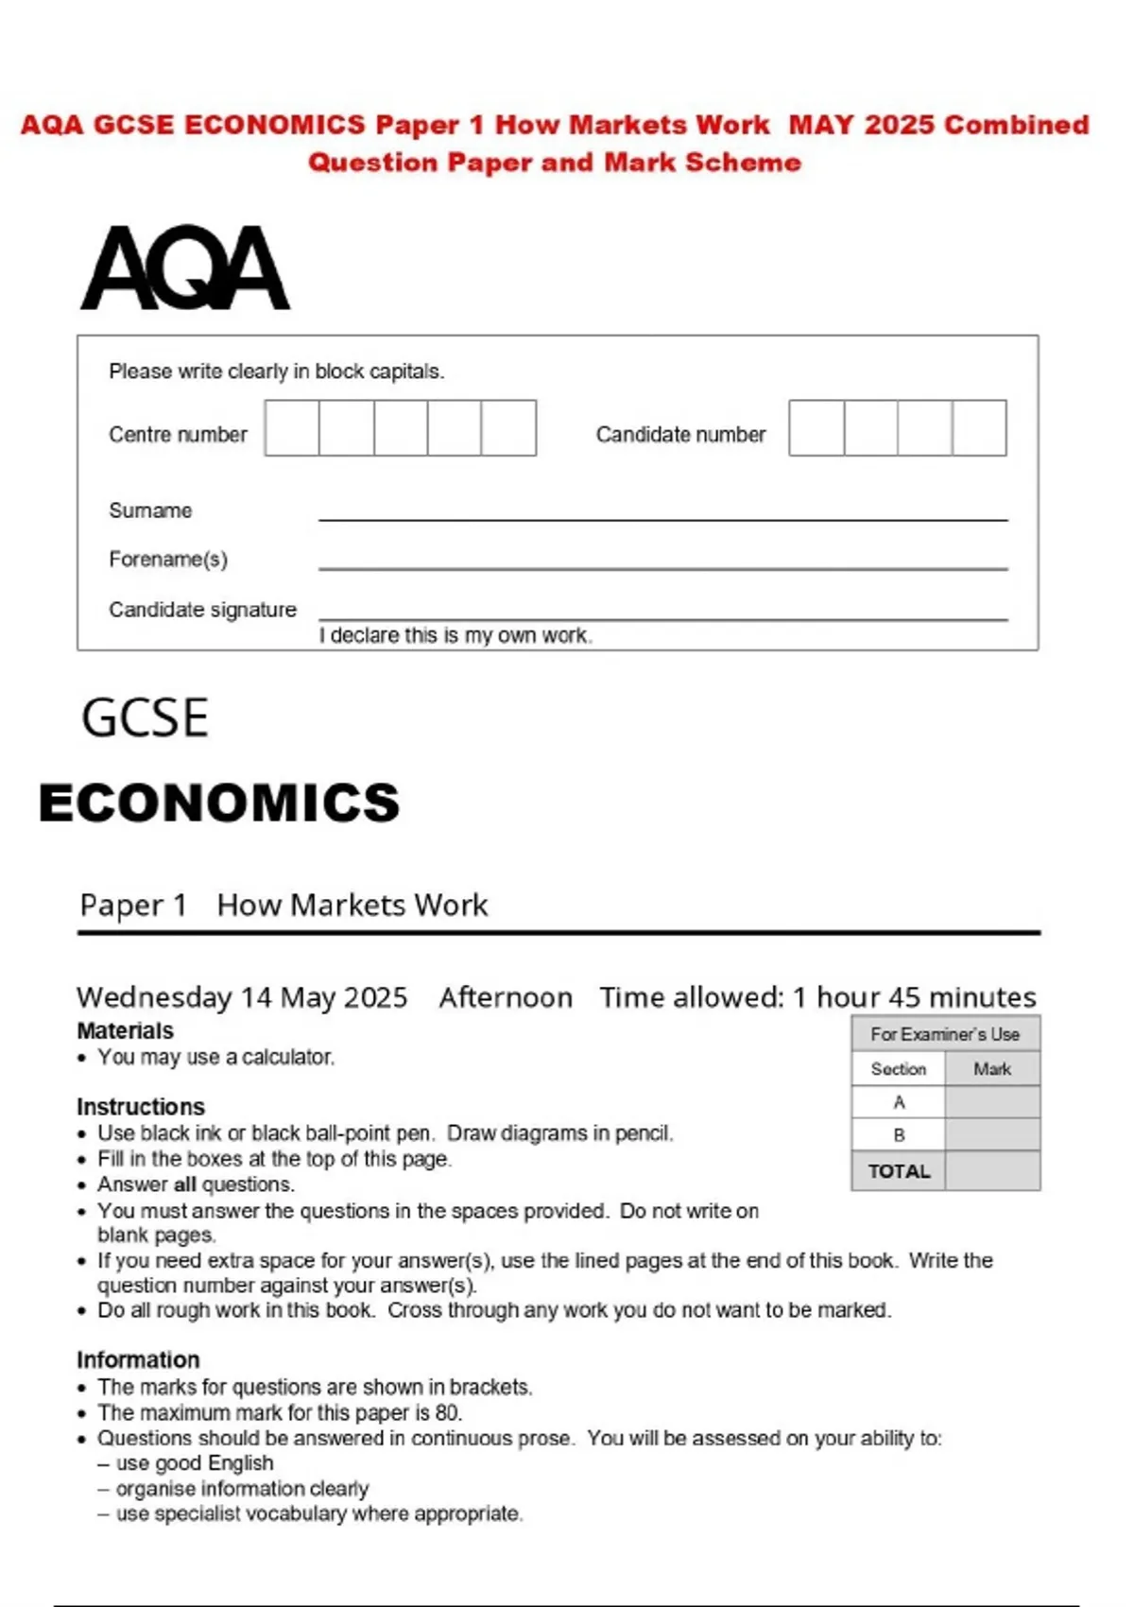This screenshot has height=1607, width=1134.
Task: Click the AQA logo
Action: [x=185, y=268]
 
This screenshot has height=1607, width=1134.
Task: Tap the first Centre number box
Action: [x=292, y=428]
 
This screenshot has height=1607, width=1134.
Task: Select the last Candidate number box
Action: [x=979, y=428]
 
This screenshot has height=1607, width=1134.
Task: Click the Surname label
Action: [x=150, y=510]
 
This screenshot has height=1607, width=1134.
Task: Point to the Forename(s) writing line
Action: [x=662, y=566]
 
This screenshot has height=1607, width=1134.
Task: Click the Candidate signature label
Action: [x=202, y=610]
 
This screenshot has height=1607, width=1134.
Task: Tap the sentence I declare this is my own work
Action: [x=455, y=636]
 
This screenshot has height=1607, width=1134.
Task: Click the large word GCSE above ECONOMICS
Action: [x=145, y=717]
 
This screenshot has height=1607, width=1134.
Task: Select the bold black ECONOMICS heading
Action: [x=219, y=803]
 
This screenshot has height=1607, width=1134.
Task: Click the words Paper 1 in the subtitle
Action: [x=132, y=906]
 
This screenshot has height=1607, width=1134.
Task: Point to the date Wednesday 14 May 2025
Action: [x=242, y=997]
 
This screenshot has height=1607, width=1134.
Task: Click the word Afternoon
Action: [x=506, y=997]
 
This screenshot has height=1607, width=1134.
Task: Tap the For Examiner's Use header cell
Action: [x=945, y=1034]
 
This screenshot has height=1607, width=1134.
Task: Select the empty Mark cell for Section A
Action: [x=991, y=1102]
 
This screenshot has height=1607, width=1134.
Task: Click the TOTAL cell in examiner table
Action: [x=899, y=1171]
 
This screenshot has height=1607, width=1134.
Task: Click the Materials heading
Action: [x=125, y=1030]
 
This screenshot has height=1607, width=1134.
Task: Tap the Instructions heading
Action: [x=140, y=1106]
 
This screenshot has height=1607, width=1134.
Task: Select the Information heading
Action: [x=138, y=1359]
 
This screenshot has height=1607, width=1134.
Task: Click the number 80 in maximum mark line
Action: [x=447, y=1413]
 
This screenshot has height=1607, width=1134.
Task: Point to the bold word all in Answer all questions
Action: [x=185, y=1184]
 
